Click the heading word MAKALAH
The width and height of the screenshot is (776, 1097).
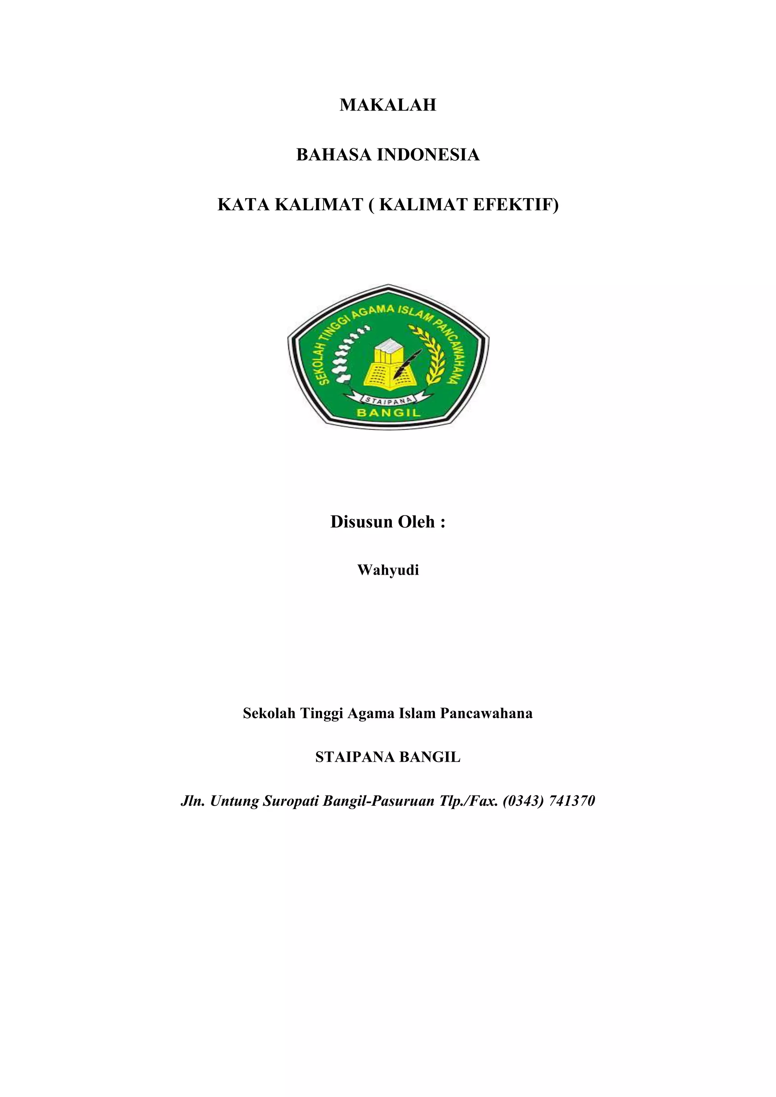pyautogui.click(x=388, y=105)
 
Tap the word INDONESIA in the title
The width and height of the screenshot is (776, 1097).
pyautogui.click(x=428, y=155)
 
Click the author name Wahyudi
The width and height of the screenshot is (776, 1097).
pyautogui.click(x=388, y=570)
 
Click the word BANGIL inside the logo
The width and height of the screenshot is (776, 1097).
pyautogui.click(x=388, y=413)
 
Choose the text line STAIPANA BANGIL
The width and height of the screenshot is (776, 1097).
pyautogui.click(x=388, y=757)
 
